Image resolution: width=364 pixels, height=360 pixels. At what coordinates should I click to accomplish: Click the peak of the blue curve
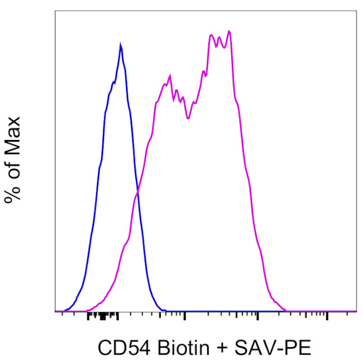pyautogui.click(x=120, y=44)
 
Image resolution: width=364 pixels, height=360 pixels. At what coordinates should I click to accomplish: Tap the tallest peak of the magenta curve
pyautogui.click(x=229, y=31)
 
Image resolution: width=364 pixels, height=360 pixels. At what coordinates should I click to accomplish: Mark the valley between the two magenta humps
pyautogui.click(x=188, y=118)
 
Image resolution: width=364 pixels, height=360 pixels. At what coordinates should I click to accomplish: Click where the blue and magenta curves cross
pyautogui.click(x=138, y=193)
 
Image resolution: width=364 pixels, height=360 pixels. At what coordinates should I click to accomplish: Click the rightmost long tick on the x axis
pyautogui.click(x=327, y=316)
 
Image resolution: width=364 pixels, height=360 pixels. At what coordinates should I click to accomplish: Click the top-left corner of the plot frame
pyautogui.click(x=55, y=11)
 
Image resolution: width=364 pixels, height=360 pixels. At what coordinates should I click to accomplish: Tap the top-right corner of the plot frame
pyautogui.click(x=356, y=11)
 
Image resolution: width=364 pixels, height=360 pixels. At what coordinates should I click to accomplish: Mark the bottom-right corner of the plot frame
pyautogui.click(x=356, y=311)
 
